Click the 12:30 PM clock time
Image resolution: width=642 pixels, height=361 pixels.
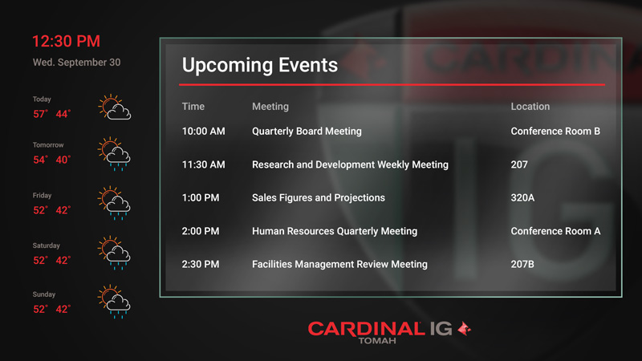pyautogui.click(x=66, y=42)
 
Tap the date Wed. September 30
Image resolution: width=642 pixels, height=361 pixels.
pyautogui.click(x=76, y=63)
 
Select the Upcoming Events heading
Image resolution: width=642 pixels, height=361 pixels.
pyautogui.click(x=260, y=65)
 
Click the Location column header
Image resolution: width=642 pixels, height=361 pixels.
pyautogui.click(x=530, y=107)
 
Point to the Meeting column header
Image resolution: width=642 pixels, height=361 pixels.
pyautogui.click(x=270, y=107)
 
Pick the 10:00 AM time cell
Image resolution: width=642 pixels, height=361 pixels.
pyautogui.click(x=204, y=132)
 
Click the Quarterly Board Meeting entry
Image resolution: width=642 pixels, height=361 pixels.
pyautogui.click(x=307, y=132)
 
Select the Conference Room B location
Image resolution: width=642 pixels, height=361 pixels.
pyautogui.click(x=555, y=132)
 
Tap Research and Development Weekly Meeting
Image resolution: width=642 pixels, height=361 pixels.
pyautogui.click(x=350, y=164)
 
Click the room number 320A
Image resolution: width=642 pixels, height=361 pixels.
pyautogui.click(x=522, y=197)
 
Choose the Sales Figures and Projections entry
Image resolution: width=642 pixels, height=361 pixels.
pyautogui.click(x=319, y=197)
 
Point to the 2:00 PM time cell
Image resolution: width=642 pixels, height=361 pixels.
pyautogui.click(x=201, y=231)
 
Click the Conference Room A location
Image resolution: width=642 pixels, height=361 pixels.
pyautogui.click(x=555, y=231)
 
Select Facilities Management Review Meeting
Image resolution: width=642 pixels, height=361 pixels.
pyautogui.click(x=339, y=265)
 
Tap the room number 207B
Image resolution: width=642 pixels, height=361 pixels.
pyautogui.click(x=522, y=265)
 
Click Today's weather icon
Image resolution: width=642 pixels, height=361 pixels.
pyautogui.click(x=115, y=107)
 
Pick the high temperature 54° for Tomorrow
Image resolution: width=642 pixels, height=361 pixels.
pyautogui.click(x=40, y=160)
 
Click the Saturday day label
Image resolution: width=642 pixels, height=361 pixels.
pyautogui.click(x=47, y=245)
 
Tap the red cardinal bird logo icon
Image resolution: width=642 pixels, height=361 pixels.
pyautogui.click(x=464, y=328)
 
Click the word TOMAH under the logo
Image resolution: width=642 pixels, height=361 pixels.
pyautogui.click(x=377, y=340)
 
